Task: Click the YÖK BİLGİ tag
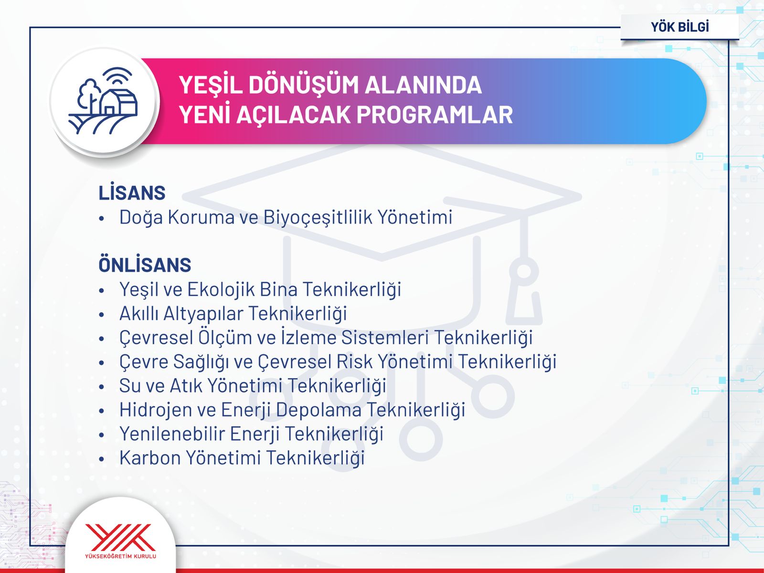tap(679, 27)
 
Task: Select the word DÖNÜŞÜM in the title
tap(303, 85)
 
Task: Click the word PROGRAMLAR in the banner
tap(435, 115)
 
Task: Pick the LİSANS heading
tap(132, 192)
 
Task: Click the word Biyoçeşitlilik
tap(318, 217)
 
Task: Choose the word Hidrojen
tap(156, 410)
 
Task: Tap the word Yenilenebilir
tap(172, 434)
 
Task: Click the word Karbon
tap(150, 457)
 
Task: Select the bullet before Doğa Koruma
tap(102, 219)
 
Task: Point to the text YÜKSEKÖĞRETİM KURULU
tap(120, 556)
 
